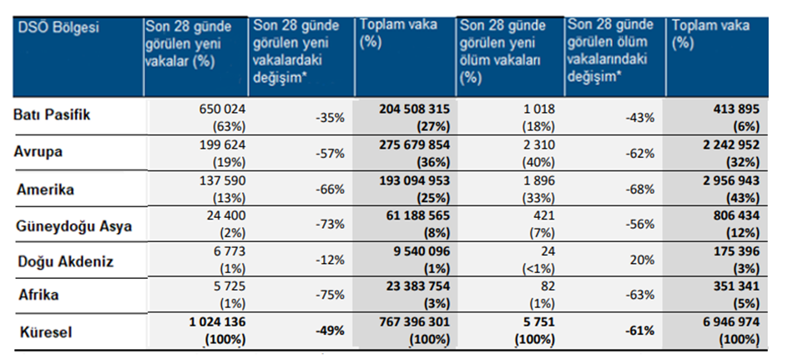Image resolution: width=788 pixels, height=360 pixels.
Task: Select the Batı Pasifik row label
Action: (56, 116)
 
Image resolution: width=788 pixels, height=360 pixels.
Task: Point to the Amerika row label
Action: (47, 190)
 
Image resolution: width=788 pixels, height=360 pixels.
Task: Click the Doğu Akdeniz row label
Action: (66, 261)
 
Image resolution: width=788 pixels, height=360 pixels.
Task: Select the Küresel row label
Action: (46, 332)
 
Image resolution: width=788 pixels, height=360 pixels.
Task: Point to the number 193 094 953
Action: (405, 182)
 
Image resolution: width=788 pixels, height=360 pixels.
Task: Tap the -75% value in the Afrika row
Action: (331, 293)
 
